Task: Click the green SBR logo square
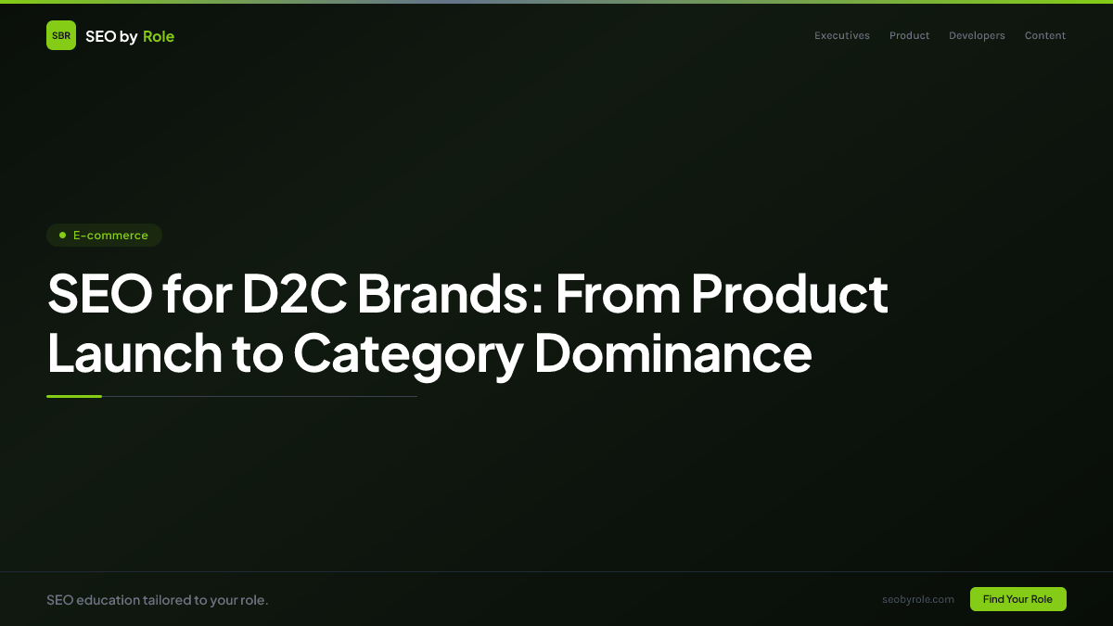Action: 61,35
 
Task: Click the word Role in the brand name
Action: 159,36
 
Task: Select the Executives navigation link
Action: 842,35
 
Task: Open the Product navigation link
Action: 909,35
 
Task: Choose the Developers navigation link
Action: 977,35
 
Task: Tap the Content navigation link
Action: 1045,35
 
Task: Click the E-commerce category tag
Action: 105,236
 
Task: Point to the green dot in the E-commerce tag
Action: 62,236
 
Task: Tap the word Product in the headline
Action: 789,295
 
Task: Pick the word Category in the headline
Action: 407,355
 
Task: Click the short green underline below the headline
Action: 74,396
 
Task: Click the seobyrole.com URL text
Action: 918,599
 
